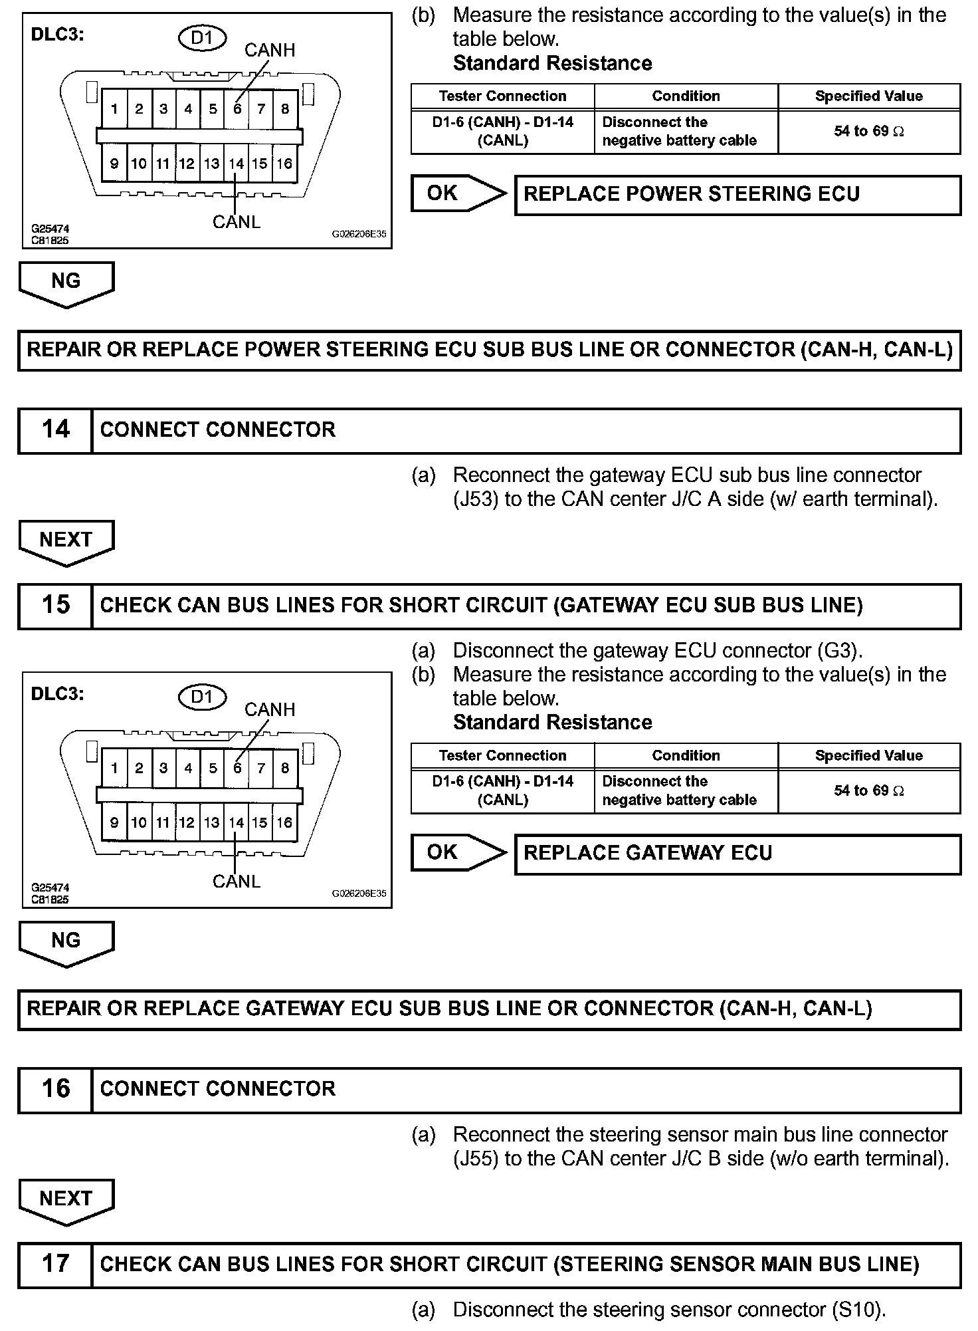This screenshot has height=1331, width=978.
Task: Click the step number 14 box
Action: click(x=55, y=430)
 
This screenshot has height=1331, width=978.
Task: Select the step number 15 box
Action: click(x=55, y=606)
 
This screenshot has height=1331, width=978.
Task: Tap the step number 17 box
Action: click(x=55, y=1264)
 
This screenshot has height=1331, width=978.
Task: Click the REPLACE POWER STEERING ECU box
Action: click(x=737, y=195)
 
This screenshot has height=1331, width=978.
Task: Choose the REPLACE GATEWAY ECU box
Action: click(x=737, y=854)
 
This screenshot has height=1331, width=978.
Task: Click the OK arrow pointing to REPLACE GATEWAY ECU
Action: click(x=458, y=853)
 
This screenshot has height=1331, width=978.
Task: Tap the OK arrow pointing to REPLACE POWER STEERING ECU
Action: click(x=458, y=193)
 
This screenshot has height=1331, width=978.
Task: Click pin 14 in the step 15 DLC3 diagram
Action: click(x=236, y=823)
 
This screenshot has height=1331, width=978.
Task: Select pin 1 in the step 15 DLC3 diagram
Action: click(x=114, y=769)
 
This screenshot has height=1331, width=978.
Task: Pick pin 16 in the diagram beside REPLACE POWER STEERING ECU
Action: click(x=284, y=164)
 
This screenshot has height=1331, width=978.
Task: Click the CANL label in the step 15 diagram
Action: click(x=237, y=882)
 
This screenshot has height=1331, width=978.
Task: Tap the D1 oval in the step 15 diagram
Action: click(x=202, y=697)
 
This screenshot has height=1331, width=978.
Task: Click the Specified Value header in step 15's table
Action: click(x=868, y=756)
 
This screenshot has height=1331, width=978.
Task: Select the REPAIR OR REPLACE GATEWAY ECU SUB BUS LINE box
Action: click(x=489, y=1009)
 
